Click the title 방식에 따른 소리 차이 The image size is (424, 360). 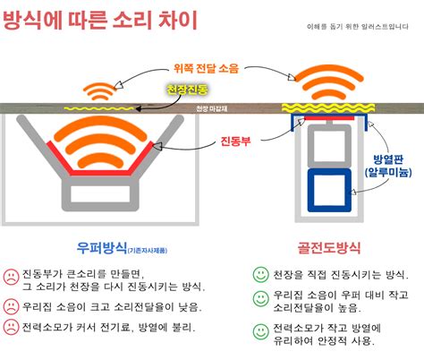coord(100,19)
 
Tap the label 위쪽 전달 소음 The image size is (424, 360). coord(206,67)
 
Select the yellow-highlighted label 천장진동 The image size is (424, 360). coord(187,90)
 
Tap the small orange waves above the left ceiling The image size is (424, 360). coord(100,92)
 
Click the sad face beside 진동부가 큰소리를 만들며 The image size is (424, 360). coord(11,275)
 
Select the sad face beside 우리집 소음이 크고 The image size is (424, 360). coord(11,305)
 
